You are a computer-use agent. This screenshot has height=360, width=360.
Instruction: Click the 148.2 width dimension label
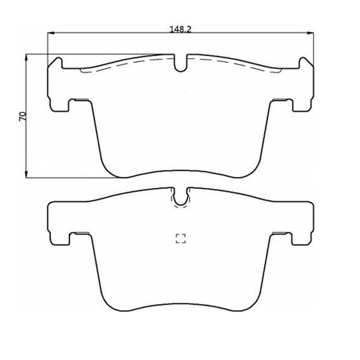(x=180, y=29)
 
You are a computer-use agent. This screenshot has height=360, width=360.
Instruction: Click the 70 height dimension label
(x=23, y=117)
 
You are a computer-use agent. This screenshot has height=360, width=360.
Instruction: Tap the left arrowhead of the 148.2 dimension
(x=51, y=33)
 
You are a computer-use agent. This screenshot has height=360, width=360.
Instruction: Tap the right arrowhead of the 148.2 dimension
(x=311, y=34)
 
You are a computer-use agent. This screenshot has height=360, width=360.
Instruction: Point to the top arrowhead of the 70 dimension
(x=26, y=57)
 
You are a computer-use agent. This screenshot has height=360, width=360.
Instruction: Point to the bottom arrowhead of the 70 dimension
(x=26, y=174)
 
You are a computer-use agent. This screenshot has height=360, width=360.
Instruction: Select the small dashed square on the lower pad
(x=181, y=238)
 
